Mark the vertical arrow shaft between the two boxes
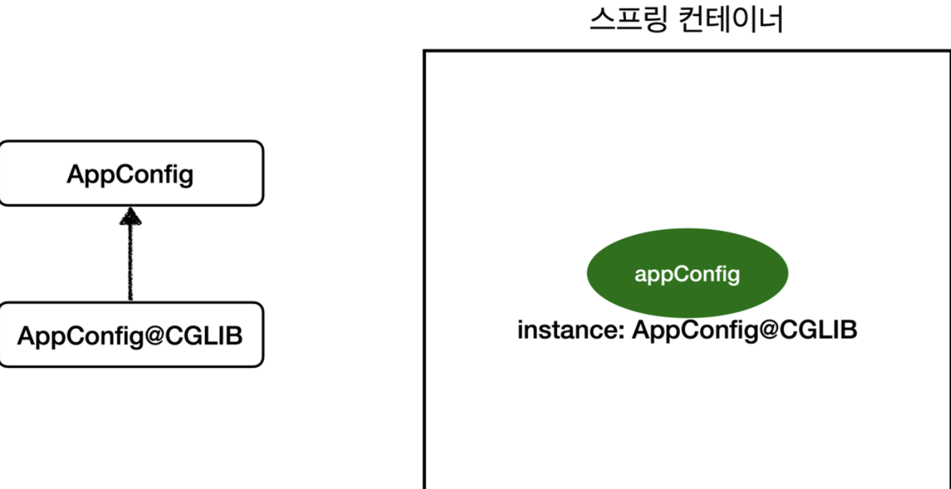[x=130, y=262]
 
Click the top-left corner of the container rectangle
[x=425, y=51]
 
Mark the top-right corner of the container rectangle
[x=949, y=51]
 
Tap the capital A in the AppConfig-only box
[x=75, y=174]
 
